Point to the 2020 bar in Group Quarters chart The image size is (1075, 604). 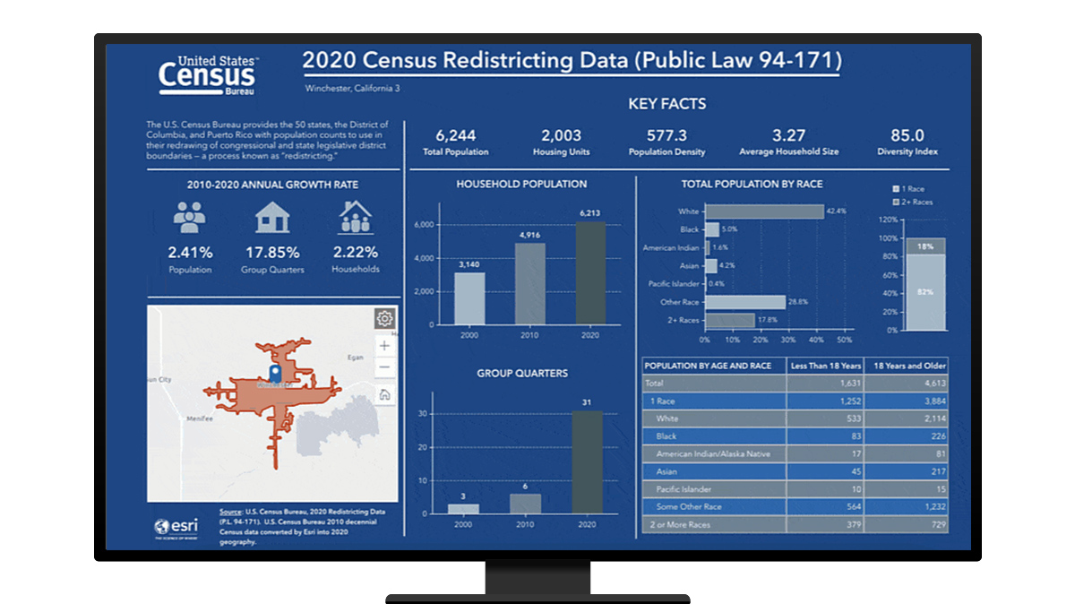pos(587,462)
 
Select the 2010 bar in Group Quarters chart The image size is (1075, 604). pos(525,504)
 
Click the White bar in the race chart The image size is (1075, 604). pos(764,211)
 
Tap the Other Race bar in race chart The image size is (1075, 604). pos(745,302)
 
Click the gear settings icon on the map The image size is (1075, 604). pos(384,318)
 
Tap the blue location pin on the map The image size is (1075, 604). pos(275,372)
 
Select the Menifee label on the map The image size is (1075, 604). pos(200,418)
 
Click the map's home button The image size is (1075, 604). pos(384,394)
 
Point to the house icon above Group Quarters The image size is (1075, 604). pos(271,217)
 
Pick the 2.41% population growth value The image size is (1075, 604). pos(190,252)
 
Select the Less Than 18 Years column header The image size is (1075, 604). pos(824,366)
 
